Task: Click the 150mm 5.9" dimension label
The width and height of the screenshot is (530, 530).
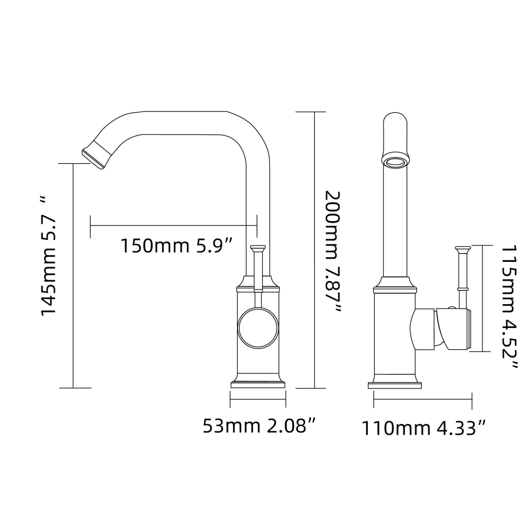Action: (x=176, y=246)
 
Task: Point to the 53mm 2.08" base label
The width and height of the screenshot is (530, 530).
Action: (x=260, y=426)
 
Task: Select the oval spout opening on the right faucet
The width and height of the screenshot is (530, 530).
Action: (x=396, y=162)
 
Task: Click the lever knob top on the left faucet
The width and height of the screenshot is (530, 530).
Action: (x=258, y=248)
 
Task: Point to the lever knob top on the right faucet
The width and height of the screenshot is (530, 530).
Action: (x=463, y=248)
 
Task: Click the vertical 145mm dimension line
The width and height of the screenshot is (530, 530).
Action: (x=73, y=276)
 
